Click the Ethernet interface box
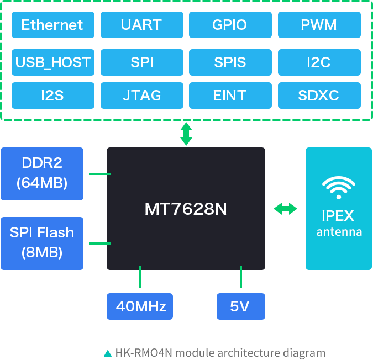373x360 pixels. coord(53,25)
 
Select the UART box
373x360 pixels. coord(142,25)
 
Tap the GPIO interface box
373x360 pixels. coord(230,25)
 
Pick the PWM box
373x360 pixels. coord(319,25)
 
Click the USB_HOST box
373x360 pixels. coord(53,62)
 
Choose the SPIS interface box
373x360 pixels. coord(230,62)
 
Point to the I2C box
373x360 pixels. coord(319,62)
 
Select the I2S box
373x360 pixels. coord(53,96)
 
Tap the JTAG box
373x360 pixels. coord(142,96)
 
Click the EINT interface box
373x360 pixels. coord(230,96)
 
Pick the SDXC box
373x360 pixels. coord(319,96)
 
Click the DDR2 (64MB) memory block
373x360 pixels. coord(42,174)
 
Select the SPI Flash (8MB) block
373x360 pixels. coord(42,243)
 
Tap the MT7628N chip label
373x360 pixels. coord(186,209)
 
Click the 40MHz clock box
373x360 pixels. coord(140,306)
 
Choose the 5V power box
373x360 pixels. coord(241,306)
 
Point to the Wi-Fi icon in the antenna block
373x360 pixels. coord(339,188)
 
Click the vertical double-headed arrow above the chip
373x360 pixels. coord(186,134)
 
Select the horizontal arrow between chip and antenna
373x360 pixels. coord(285,209)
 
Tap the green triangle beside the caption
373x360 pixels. coord(108,353)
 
